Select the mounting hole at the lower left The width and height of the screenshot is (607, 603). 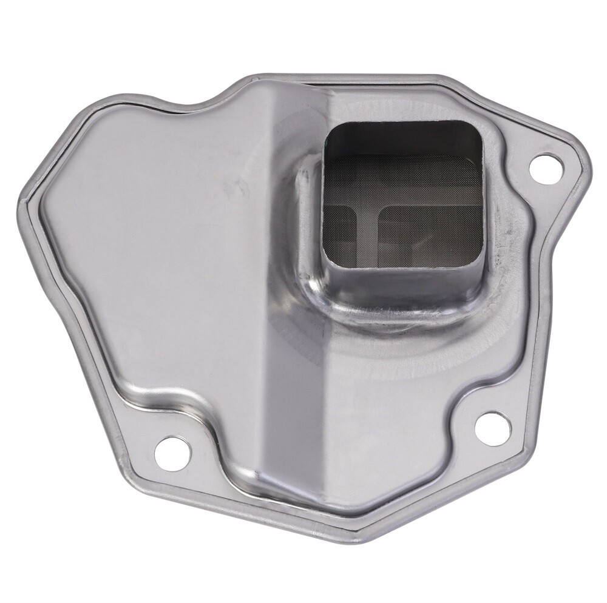(x=172, y=453)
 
